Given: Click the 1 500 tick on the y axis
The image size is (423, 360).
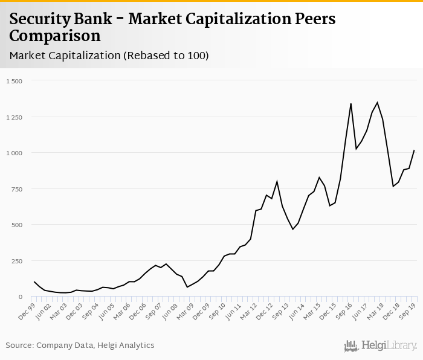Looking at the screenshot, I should pos(13,81).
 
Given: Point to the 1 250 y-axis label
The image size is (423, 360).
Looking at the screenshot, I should pos(13,117).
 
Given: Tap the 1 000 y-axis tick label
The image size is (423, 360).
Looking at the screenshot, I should pos(13,153).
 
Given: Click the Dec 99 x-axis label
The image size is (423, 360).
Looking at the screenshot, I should pos(27,309).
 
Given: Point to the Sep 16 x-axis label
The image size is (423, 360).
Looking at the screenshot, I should pos(344,309).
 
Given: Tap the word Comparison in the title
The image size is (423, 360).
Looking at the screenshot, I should pos(55,36).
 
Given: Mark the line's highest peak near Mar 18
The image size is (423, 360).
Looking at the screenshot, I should pos(377,103).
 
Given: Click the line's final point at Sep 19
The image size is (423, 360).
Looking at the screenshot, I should pos(413,150).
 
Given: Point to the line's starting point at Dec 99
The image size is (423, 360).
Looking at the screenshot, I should pos(34,282).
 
